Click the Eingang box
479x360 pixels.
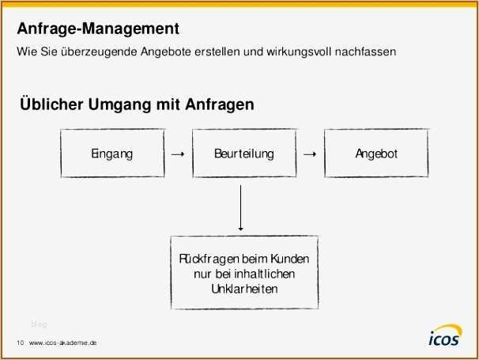click(x=112, y=153)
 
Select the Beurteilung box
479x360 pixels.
click(x=244, y=153)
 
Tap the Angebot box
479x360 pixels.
click(x=376, y=153)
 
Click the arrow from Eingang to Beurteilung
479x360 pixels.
click(x=178, y=154)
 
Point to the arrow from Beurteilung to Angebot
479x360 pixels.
click(x=310, y=154)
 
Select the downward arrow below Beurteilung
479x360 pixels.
click(x=241, y=207)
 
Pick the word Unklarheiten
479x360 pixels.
click(x=244, y=289)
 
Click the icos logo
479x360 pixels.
click(x=445, y=335)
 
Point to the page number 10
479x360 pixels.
click(x=21, y=343)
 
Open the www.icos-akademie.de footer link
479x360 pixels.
click(x=63, y=343)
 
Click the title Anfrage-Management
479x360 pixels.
click(x=98, y=28)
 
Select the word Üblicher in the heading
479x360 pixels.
click(x=51, y=104)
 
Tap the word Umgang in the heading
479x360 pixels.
click(x=120, y=104)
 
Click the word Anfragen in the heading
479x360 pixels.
click(x=219, y=104)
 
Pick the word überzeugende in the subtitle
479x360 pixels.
click(x=99, y=51)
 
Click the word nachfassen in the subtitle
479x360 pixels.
click(x=365, y=51)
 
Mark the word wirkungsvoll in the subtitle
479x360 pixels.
click(x=299, y=51)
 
